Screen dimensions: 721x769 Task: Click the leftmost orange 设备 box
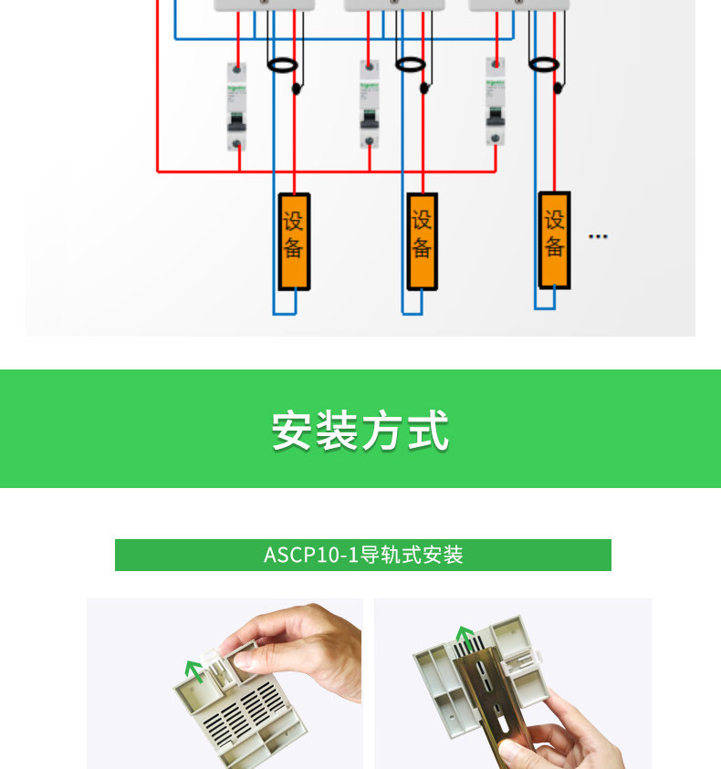[294, 241]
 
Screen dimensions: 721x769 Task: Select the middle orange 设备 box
[422, 241]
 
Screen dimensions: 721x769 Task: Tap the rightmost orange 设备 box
[555, 239]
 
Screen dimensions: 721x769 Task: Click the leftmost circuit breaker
[237, 106]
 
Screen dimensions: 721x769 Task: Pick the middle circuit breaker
[369, 103]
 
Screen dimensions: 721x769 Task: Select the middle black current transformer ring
[410, 64]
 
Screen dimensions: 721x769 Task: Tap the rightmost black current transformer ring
[544, 63]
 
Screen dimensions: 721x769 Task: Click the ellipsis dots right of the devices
[598, 236]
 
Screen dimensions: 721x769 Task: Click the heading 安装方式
[360, 431]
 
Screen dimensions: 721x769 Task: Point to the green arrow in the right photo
[465, 636]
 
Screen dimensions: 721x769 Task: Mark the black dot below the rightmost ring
[557, 88]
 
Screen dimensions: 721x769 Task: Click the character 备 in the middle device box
[422, 248]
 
